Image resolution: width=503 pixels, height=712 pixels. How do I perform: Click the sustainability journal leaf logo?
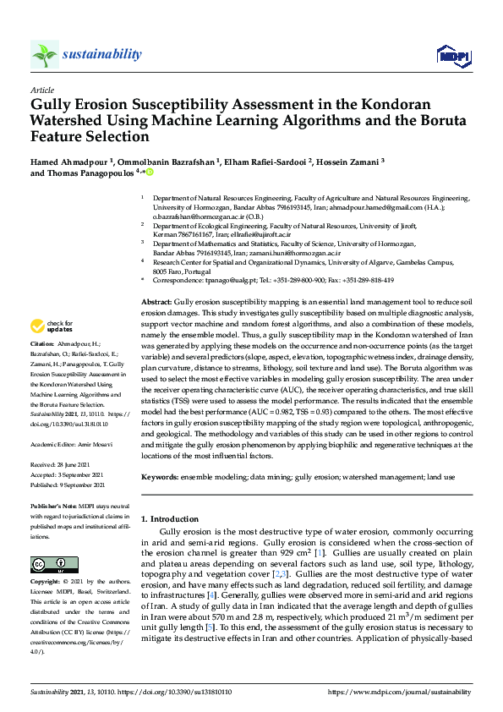click(x=45, y=54)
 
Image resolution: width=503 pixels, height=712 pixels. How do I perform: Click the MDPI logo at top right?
click(x=452, y=56)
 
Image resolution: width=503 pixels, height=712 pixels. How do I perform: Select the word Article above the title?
click(x=42, y=90)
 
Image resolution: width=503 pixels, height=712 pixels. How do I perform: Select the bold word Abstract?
click(x=156, y=302)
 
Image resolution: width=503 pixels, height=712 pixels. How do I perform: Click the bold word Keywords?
click(x=160, y=478)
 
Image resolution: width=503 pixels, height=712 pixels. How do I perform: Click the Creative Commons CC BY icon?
click(x=49, y=564)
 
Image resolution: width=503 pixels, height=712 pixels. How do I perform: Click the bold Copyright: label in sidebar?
click(x=47, y=583)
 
